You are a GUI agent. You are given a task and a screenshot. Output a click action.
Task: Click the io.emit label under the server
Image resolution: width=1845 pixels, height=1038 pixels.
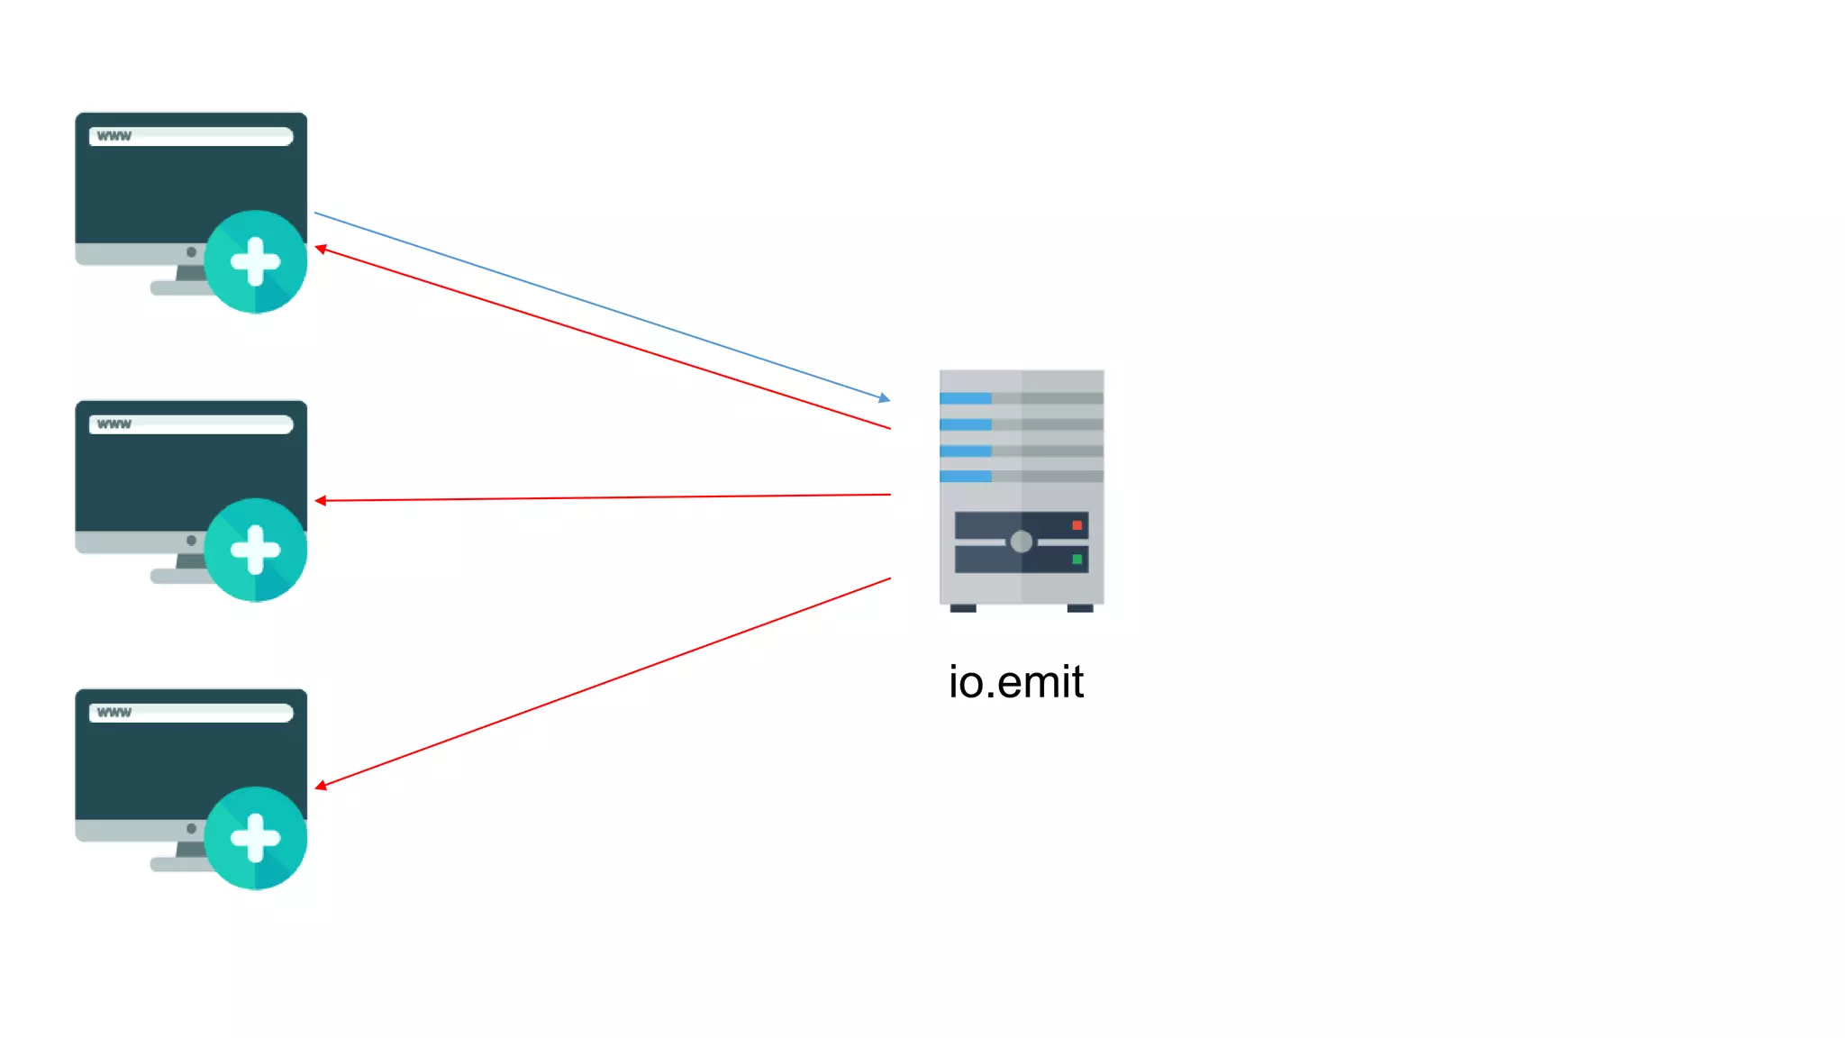pos(1015,682)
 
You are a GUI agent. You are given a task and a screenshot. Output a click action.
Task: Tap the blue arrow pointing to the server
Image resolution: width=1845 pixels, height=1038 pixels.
pos(602,305)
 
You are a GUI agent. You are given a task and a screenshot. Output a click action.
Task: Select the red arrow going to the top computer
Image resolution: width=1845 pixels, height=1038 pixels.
pos(602,338)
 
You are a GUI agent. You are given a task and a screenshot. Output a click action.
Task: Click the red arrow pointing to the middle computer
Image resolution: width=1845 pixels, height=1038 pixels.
pos(602,497)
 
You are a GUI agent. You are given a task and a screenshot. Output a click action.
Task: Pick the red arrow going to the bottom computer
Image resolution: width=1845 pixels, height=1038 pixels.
pos(602,682)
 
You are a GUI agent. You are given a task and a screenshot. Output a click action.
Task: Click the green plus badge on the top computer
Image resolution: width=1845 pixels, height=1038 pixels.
pos(256,262)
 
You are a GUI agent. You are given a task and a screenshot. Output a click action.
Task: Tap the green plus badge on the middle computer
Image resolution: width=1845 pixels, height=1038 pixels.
pos(256,550)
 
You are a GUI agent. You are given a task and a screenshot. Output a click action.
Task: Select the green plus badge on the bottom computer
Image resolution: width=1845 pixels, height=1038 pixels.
pos(256,838)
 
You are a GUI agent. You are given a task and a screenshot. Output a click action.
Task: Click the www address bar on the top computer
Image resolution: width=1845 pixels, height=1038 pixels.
pos(191,136)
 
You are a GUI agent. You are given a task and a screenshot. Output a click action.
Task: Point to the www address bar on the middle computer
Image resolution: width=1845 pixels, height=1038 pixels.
pos(191,424)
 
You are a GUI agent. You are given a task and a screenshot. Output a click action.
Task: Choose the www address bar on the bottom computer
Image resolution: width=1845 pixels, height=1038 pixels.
pos(191,713)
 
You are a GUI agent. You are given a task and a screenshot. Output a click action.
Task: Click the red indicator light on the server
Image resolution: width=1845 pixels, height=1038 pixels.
pos(1077,525)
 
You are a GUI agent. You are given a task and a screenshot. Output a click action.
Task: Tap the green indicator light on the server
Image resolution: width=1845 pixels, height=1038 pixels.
pos(1077,560)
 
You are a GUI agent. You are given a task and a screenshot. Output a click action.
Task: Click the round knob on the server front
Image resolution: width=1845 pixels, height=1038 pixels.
pos(1021,542)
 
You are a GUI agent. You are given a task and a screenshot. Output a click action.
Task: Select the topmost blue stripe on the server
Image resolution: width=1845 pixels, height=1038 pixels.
pos(965,398)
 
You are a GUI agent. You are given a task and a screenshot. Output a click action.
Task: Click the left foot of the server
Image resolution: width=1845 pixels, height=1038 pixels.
pos(963,608)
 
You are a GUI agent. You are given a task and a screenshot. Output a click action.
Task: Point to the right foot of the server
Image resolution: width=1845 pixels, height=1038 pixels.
pos(1079,608)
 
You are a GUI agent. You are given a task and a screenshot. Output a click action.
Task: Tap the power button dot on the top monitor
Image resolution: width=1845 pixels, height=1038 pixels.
pos(191,252)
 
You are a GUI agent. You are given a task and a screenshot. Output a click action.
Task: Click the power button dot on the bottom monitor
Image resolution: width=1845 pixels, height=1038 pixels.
pos(191,828)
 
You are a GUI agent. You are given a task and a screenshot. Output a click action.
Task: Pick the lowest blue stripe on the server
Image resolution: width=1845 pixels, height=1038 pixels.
pos(965,476)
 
